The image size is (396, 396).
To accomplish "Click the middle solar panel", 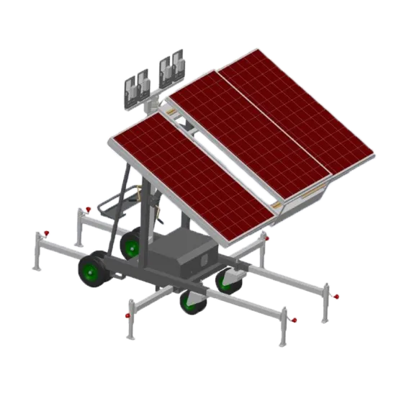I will (248, 138).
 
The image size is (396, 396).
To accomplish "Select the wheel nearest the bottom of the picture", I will (192, 301).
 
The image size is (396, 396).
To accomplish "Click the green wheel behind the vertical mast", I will (132, 245).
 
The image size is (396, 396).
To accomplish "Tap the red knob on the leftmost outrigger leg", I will (46, 233).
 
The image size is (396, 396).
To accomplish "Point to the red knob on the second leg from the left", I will (88, 210).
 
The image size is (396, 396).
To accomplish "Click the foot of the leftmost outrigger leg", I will (36, 268).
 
